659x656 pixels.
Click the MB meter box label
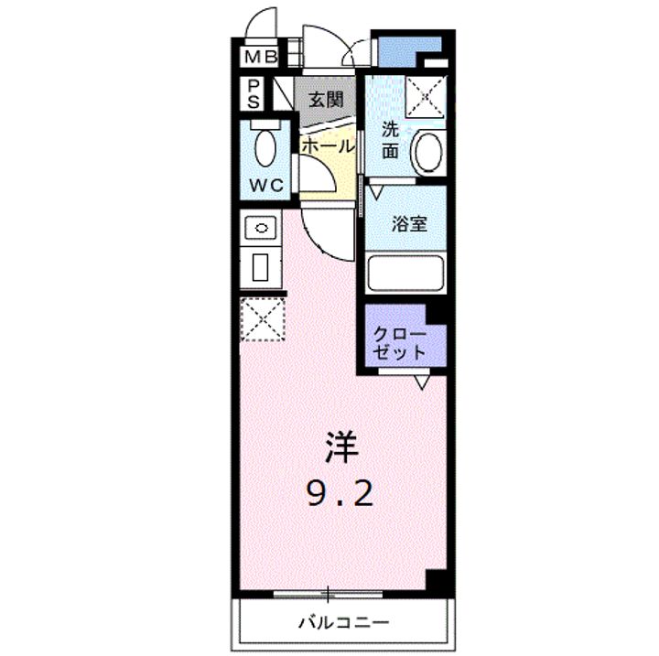pos(261,57)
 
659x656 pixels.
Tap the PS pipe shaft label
pos(253,94)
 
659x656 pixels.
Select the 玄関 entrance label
pos(326,100)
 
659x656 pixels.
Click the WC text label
pos(266,185)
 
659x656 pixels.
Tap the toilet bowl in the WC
pos(265,148)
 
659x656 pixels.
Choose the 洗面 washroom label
pos(390,140)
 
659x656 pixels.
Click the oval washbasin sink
pos(428,152)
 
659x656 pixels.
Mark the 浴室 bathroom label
pos(409,223)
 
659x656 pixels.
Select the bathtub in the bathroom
pos(405,273)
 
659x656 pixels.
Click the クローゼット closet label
pos(399,344)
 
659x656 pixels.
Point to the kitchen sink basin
pos(261,228)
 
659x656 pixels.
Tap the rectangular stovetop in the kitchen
pos(261,267)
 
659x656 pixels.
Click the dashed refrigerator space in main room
pos(263,319)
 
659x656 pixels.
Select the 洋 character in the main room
pos(341,447)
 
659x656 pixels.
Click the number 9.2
pos(340,493)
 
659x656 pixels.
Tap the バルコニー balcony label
pos(344,622)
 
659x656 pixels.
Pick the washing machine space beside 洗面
pos(425,97)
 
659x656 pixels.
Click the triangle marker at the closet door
pos(422,382)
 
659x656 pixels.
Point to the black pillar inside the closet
pos(437,314)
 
